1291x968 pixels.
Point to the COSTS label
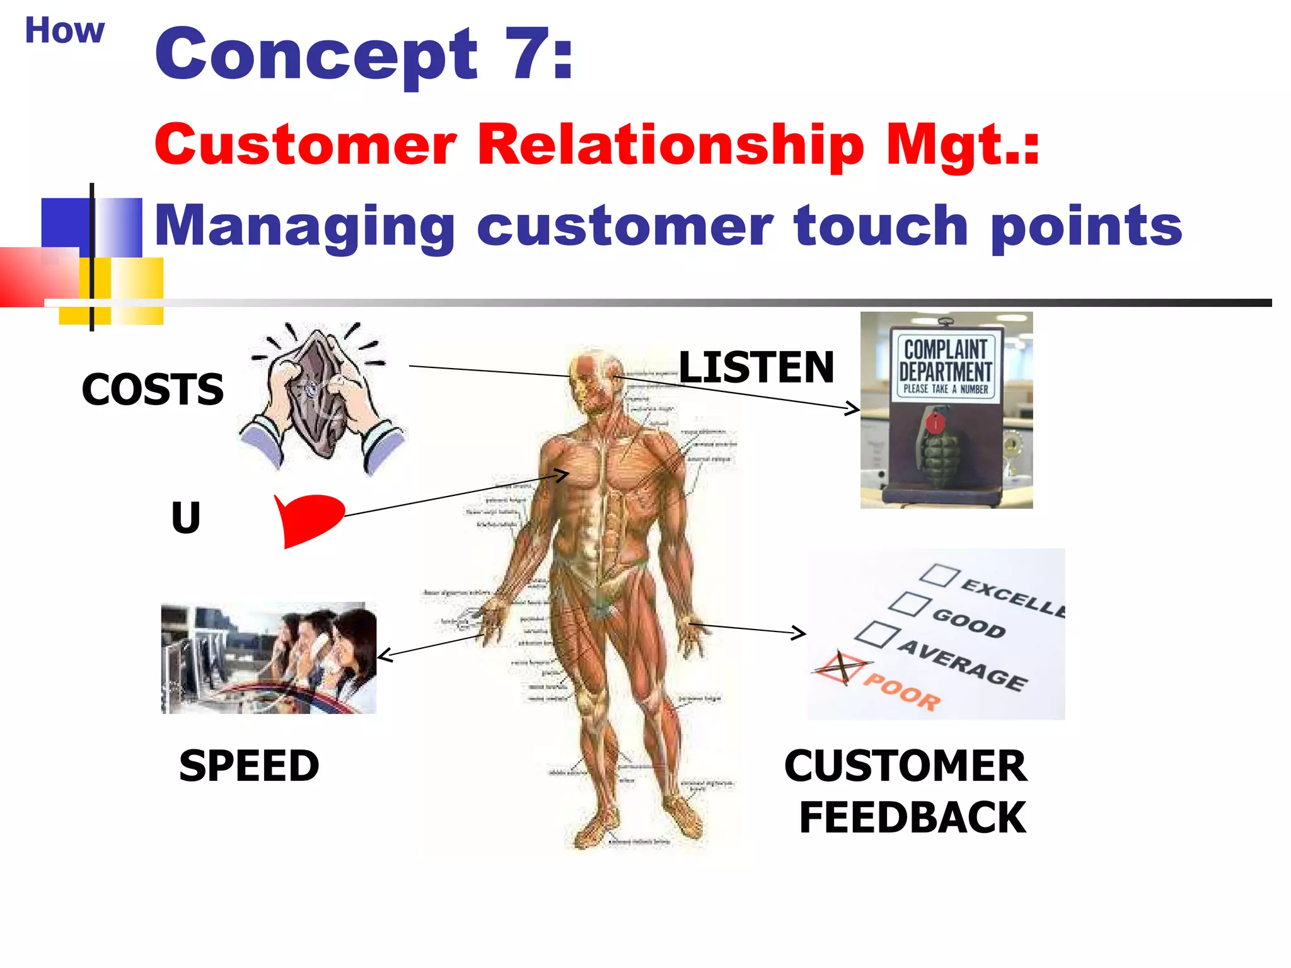153,389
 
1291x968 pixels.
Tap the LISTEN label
756,367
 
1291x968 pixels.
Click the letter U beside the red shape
186,517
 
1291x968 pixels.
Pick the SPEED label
249,766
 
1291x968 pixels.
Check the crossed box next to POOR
841,667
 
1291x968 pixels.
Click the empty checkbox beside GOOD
909,603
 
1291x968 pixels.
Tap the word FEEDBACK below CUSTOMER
912,817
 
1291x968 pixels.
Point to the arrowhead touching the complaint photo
854,410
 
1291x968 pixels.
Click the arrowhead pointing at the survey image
799,632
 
